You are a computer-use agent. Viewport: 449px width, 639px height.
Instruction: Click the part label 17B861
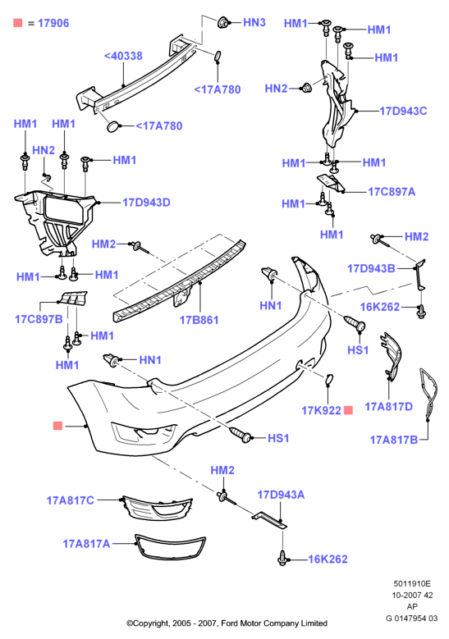tap(199, 320)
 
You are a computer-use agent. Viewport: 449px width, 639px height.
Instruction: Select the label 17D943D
tap(146, 203)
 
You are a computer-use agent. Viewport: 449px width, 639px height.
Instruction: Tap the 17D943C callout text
tap(403, 111)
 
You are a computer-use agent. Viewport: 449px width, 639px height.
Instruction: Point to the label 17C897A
tap(392, 192)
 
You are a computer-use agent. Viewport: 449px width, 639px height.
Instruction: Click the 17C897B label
tap(39, 319)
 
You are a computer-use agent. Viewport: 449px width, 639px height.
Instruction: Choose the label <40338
tap(123, 56)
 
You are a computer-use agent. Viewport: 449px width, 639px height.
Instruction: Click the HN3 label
tap(254, 22)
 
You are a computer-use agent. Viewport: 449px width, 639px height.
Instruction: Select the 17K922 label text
tap(321, 410)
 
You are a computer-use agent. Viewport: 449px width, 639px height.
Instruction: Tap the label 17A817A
tap(86, 544)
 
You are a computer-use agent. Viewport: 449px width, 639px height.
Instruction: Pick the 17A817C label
tap(70, 500)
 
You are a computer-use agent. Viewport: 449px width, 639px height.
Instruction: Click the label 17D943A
tap(281, 495)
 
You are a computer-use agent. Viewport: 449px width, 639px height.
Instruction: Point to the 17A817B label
tap(393, 440)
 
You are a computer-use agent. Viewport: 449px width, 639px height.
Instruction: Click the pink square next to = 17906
tap(17, 23)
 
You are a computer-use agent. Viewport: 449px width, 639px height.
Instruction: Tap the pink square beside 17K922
tap(348, 410)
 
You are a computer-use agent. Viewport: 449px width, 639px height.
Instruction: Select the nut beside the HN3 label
tap(222, 22)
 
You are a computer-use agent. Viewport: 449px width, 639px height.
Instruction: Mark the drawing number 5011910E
tap(412, 583)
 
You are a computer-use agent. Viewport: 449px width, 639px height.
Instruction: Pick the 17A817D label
tap(388, 407)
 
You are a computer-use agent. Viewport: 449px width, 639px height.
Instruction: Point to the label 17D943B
tap(371, 268)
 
